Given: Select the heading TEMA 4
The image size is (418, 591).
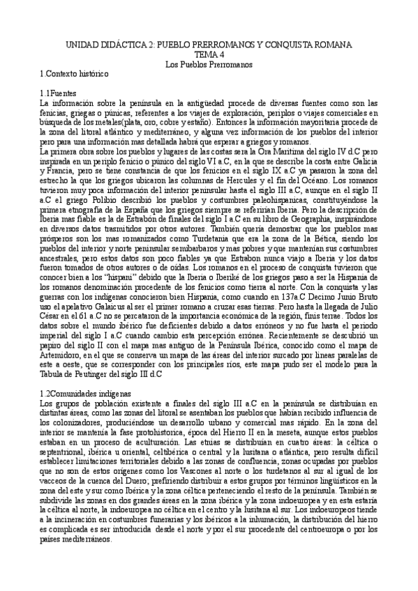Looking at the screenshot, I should tap(209, 55).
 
